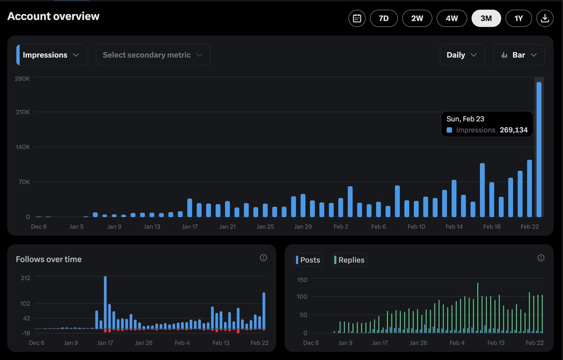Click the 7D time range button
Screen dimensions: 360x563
pyautogui.click(x=384, y=18)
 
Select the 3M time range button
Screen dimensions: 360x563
pyautogui.click(x=486, y=18)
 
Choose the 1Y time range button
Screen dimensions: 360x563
pyautogui.click(x=518, y=18)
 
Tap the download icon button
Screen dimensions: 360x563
pyautogui.click(x=545, y=18)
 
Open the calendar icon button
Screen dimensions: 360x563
pyautogui.click(x=357, y=18)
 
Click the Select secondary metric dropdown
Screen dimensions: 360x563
pyautogui.click(x=153, y=55)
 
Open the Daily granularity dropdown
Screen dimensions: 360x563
pyautogui.click(x=462, y=55)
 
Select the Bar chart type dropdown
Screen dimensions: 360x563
pyautogui.click(x=519, y=55)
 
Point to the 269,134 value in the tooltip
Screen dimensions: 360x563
pyautogui.click(x=513, y=130)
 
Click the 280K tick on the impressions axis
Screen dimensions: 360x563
pyautogui.click(x=22, y=78)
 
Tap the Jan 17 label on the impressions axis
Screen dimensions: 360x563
pyautogui.click(x=190, y=227)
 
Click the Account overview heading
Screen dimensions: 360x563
pyautogui.click(x=53, y=16)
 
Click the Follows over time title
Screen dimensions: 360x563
pyautogui.click(x=49, y=259)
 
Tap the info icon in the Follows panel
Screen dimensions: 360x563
pyautogui.click(x=263, y=258)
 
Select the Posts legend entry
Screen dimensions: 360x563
pyautogui.click(x=308, y=260)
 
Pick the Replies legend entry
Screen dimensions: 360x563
pyautogui.click(x=349, y=260)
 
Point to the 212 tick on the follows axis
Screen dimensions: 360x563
pyautogui.click(x=25, y=277)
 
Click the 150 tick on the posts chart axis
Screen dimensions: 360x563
pyautogui.click(x=302, y=280)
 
